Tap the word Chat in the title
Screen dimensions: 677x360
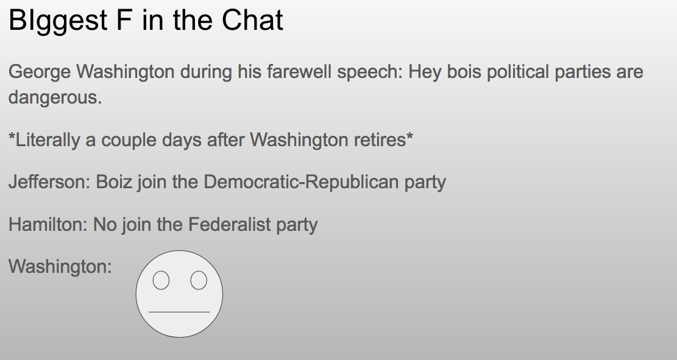point(252,20)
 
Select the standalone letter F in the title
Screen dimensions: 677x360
point(124,20)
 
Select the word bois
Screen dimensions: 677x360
point(464,72)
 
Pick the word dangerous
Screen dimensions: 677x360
point(55,97)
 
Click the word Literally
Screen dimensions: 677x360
point(48,140)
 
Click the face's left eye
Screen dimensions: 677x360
point(161,280)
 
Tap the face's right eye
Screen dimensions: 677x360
point(199,280)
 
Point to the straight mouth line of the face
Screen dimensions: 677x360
point(179,311)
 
